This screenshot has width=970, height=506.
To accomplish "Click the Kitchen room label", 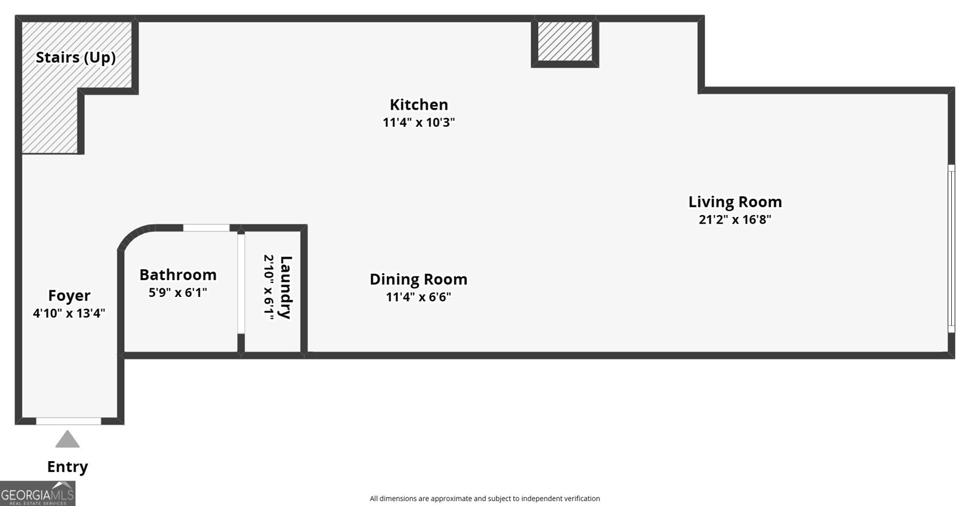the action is point(419,105).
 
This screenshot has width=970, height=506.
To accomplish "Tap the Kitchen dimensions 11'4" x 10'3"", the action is point(419,122).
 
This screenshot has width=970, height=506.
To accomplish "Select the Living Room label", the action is point(735,202).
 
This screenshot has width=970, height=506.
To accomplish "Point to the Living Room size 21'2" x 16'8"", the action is point(735,219).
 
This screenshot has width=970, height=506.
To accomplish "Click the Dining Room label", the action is point(418,279).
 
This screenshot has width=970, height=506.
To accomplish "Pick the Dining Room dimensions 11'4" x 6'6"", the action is point(418,297).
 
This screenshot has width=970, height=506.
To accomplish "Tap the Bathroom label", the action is point(178,275).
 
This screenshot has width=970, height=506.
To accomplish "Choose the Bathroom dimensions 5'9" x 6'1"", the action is point(178,293).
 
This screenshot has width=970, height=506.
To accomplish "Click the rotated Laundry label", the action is point(286,287).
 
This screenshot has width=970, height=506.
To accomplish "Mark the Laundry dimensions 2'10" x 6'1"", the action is point(269,287).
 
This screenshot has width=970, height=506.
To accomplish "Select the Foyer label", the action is point(69,296).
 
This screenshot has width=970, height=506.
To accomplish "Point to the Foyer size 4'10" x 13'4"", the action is point(69,313).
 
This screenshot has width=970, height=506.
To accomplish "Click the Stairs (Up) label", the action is point(76,58).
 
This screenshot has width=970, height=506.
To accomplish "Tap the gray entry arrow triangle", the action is point(67,439).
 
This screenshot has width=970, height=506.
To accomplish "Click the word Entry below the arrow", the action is point(67,467).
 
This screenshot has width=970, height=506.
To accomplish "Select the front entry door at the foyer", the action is point(69,421).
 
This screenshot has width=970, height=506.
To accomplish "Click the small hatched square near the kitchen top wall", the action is point(565,42).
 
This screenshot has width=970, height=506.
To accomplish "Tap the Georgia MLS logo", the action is point(38,493).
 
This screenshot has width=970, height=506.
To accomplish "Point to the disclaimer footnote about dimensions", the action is point(484,499).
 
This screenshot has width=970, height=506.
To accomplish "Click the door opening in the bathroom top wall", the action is point(206,228).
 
